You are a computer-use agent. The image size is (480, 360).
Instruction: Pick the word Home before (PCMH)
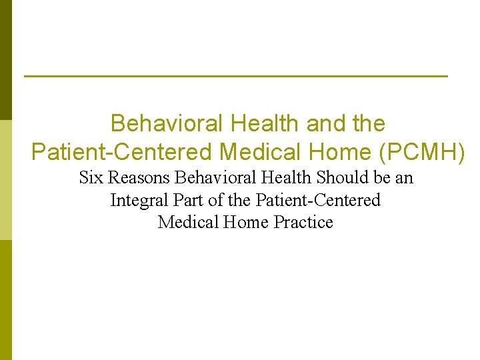(341, 153)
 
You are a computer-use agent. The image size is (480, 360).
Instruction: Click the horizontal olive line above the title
(235, 77)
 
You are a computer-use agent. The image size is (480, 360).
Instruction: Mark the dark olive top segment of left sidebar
(5, 60)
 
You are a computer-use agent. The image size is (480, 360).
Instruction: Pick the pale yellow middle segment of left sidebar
(5, 180)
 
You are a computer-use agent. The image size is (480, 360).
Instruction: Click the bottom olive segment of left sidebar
(5, 300)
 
